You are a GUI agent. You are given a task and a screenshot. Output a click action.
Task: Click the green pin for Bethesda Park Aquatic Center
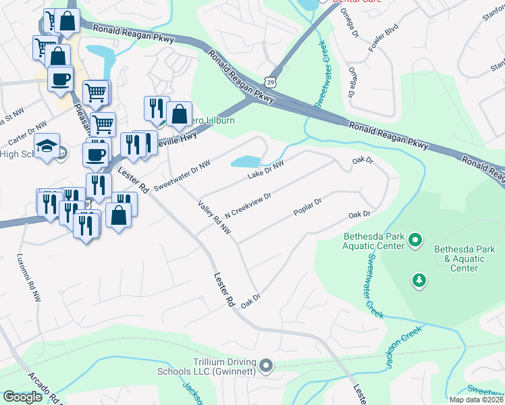click(x=415, y=240)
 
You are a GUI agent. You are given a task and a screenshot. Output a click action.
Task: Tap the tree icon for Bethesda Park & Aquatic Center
click(x=419, y=279)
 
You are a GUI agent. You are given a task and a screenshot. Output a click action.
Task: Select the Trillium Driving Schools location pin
click(x=266, y=366)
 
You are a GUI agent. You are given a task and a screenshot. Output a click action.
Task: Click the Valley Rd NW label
click(x=215, y=218)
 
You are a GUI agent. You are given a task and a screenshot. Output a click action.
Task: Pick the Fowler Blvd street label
click(x=380, y=40)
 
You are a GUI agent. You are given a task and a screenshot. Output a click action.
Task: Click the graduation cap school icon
click(x=47, y=146)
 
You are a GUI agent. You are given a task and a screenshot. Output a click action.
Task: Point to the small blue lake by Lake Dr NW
click(x=246, y=162)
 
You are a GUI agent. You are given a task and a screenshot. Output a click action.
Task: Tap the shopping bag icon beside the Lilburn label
click(x=179, y=115)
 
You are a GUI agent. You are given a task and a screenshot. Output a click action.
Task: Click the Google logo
click(x=23, y=397)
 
